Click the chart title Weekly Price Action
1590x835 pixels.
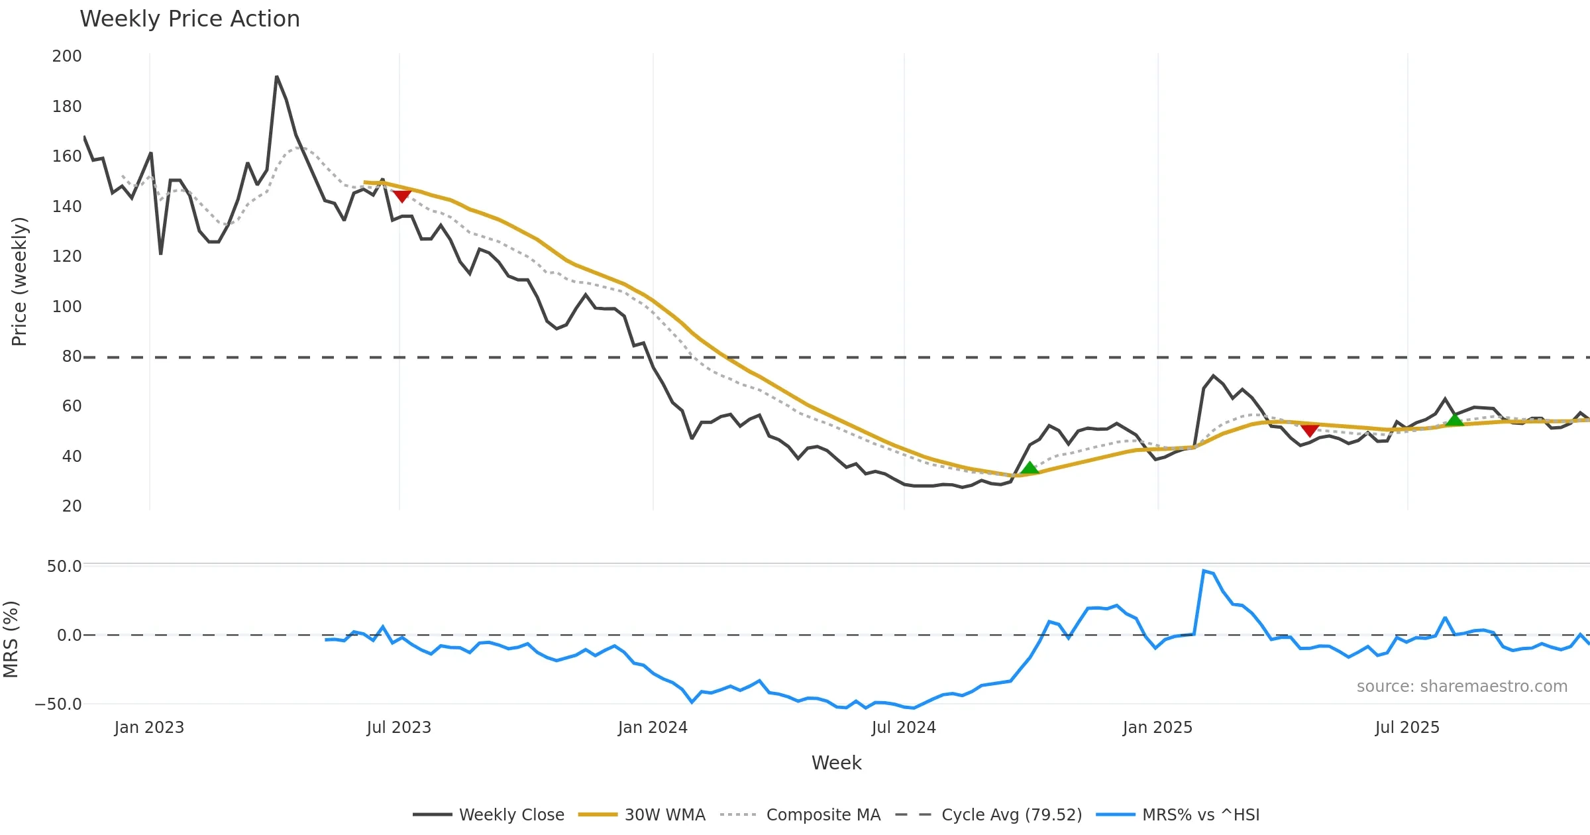pyautogui.click(x=189, y=19)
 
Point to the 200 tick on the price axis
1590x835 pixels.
pyautogui.click(x=67, y=56)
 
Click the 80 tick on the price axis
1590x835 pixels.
pyautogui.click(x=72, y=357)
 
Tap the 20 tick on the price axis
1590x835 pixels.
pyautogui.click(x=72, y=506)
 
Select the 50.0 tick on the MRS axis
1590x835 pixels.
pyautogui.click(x=64, y=567)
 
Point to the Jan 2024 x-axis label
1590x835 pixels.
pyautogui.click(x=653, y=728)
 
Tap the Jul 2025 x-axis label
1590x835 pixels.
pyautogui.click(x=1407, y=728)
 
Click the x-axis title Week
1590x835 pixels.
pyautogui.click(x=836, y=763)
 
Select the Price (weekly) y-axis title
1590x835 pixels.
pyautogui.click(x=19, y=282)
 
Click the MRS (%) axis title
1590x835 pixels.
pyautogui.click(x=11, y=640)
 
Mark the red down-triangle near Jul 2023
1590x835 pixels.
pyautogui.click(x=402, y=195)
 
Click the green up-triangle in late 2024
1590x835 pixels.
pyautogui.click(x=1030, y=469)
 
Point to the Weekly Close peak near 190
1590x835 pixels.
pyautogui.click(x=277, y=77)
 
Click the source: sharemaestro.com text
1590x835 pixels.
pyautogui.click(x=1461, y=687)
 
